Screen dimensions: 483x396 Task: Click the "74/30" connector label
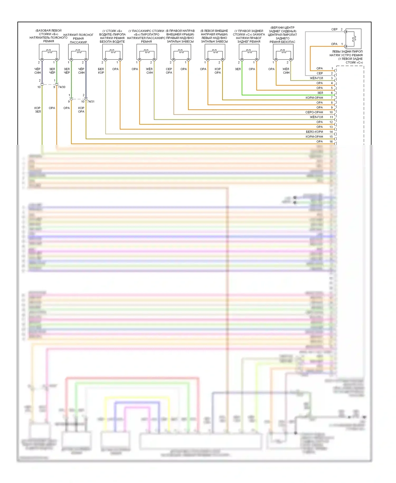(62, 87)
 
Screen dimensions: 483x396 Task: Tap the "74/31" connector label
(91, 101)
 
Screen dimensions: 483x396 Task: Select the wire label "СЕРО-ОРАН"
(314, 112)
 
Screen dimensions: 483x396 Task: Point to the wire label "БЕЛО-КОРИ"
(314, 132)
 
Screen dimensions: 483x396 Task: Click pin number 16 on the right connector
(331, 142)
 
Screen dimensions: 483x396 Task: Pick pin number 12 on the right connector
(331, 122)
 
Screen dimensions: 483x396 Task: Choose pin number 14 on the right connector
(331, 132)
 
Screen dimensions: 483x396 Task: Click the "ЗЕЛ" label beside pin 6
(320, 93)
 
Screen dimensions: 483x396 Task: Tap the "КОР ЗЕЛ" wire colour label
(38, 110)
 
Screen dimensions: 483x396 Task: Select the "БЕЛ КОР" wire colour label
(101, 71)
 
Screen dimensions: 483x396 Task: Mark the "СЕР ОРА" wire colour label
(169, 71)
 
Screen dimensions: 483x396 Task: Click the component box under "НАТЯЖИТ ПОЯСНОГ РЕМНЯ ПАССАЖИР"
(78, 52)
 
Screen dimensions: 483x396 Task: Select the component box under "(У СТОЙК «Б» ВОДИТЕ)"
(112, 52)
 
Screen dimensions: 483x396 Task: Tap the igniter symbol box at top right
(353, 39)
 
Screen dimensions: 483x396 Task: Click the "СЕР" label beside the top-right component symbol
(334, 29)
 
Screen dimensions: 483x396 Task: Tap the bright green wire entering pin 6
(288, 95)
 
